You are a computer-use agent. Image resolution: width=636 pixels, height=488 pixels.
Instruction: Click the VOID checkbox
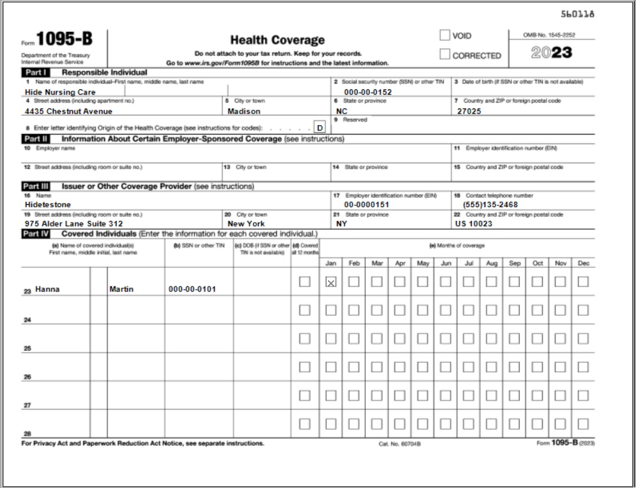tap(444, 36)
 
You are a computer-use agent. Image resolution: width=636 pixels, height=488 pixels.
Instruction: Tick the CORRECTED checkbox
tap(444, 55)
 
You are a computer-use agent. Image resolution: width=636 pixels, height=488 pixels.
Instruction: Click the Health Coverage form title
tap(277, 40)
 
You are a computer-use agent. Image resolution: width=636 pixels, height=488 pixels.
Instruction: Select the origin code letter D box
tap(321, 127)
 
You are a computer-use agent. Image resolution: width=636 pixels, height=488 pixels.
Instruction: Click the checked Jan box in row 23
tap(331, 283)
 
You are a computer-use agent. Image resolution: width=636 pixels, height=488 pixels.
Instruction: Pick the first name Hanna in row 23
tap(47, 289)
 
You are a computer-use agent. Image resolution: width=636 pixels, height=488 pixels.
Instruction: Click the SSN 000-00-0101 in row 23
tap(192, 289)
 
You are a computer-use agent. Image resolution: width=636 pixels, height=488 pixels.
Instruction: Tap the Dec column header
tap(582, 262)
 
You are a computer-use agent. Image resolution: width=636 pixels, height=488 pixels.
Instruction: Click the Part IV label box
tap(32, 234)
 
